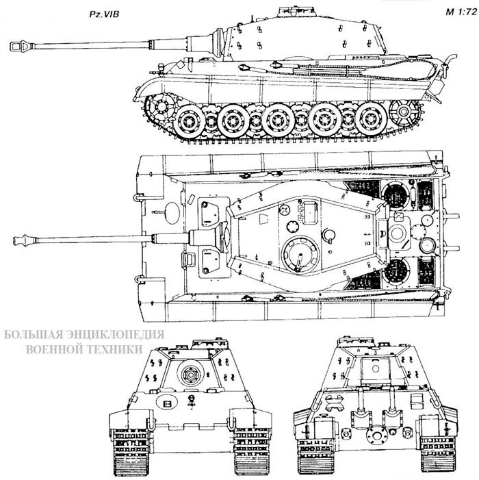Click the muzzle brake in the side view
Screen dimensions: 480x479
(21, 45)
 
